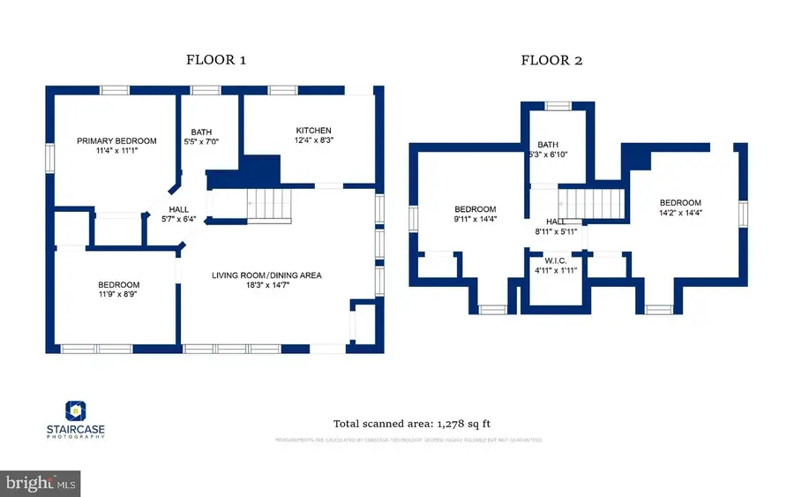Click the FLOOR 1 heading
coord(215,60)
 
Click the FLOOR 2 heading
coord(551,60)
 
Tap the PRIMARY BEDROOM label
coord(116,141)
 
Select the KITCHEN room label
coord(313,131)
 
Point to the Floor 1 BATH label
coord(201,132)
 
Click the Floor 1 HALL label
coord(179,209)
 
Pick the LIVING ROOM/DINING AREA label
coord(266,275)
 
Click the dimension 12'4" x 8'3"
coord(313,140)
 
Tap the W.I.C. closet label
coord(555,260)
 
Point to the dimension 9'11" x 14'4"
coord(476,219)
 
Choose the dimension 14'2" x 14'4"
coord(680,212)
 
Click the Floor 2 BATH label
coord(548,145)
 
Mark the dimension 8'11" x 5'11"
coord(555,232)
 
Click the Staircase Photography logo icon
coord(75,410)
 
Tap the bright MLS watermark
coord(41,484)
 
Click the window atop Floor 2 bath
coord(558,106)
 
